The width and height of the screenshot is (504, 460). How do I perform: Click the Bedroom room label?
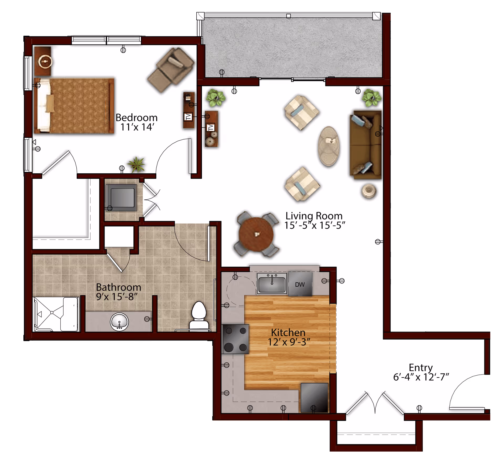pyautogui.click(x=136, y=117)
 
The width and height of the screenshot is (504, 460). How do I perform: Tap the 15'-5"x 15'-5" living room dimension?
pyautogui.click(x=314, y=225)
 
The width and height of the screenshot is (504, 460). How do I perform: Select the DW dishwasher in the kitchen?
pyautogui.click(x=300, y=284)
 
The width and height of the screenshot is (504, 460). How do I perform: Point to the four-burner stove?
pyautogui.click(x=236, y=339)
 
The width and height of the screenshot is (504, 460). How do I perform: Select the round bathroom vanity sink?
pyautogui.click(x=119, y=322)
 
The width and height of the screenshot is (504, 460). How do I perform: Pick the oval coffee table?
pyautogui.click(x=329, y=146)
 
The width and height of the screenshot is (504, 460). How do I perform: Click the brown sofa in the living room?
pyautogui.click(x=365, y=145)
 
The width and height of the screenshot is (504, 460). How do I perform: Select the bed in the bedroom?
pyautogui.click(x=74, y=106)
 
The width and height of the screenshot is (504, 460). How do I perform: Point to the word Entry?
pyautogui.click(x=421, y=367)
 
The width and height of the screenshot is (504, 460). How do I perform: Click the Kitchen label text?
pyautogui.click(x=288, y=333)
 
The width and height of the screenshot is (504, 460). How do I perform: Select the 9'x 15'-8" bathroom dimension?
pyautogui.click(x=117, y=297)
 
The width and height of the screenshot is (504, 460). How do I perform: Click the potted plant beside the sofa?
pyautogui.click(x=371, y=98)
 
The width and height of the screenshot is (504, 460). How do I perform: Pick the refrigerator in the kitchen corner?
pyautogui.click(x=314, y=398)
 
